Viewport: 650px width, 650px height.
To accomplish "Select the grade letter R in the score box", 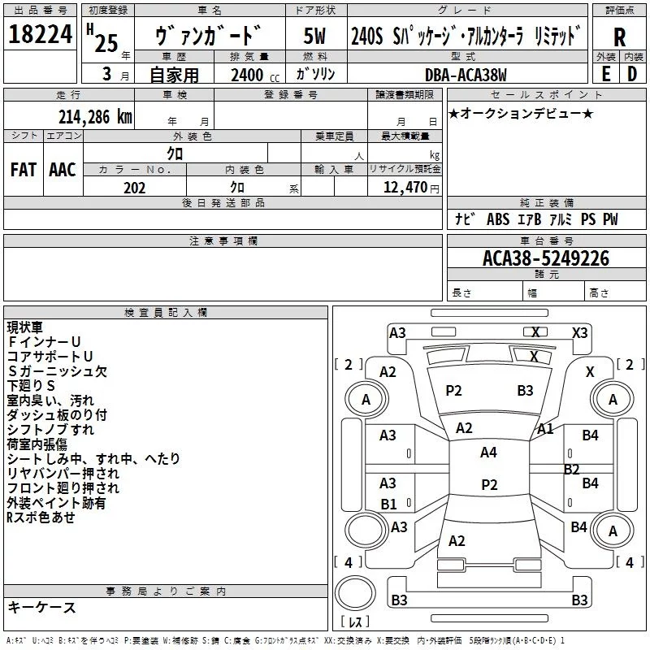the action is point(619,37).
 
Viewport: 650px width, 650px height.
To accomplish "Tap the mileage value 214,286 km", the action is point(94,116).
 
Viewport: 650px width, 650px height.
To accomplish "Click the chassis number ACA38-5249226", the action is point(545,258).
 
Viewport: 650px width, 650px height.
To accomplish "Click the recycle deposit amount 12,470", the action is point(404,188).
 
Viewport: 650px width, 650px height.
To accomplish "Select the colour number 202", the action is point(134,188).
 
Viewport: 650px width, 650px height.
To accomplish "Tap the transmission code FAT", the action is point(23,170).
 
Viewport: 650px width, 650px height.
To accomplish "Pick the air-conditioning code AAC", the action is point(63,170).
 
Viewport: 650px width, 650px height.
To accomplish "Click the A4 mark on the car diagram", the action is point(488,453).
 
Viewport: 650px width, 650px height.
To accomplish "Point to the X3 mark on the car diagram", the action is point(579,332).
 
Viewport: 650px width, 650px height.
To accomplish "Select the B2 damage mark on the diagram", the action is point(571,469).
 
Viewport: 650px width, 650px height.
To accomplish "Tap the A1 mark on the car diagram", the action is point(545,428).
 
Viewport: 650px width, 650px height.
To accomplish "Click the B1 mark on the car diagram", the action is point(388,504).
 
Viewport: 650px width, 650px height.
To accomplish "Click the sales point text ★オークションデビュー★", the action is point(520,113).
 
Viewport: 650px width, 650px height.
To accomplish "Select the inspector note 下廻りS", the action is point(31,386).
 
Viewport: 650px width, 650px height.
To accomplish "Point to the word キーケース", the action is point(41,607).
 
